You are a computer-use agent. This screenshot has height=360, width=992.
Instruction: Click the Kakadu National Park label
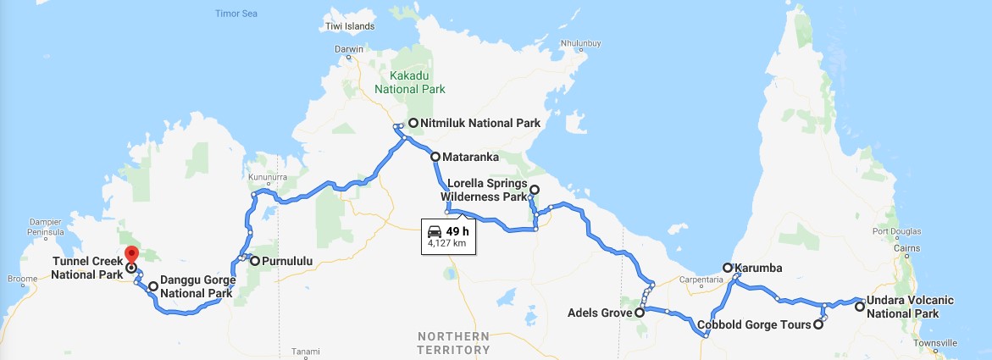[412, 81]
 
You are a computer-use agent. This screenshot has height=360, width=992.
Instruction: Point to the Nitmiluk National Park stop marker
[413, 123]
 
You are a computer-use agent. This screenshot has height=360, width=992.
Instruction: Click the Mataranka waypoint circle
[435, 157]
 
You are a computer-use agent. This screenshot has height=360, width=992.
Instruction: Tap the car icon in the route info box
[434, 231]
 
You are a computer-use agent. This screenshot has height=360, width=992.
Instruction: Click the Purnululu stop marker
[254, 261]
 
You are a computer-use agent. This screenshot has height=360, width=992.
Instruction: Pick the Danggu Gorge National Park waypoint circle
[152, 286]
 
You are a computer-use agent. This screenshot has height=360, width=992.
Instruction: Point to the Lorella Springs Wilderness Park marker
[535, 190]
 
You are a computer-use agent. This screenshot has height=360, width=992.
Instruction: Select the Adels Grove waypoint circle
[640, 312]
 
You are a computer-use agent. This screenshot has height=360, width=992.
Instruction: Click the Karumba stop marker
[727, 268]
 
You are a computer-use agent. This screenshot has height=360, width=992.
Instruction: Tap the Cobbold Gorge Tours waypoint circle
[818, 324]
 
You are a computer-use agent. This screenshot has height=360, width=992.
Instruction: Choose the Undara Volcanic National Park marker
[860, 307]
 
